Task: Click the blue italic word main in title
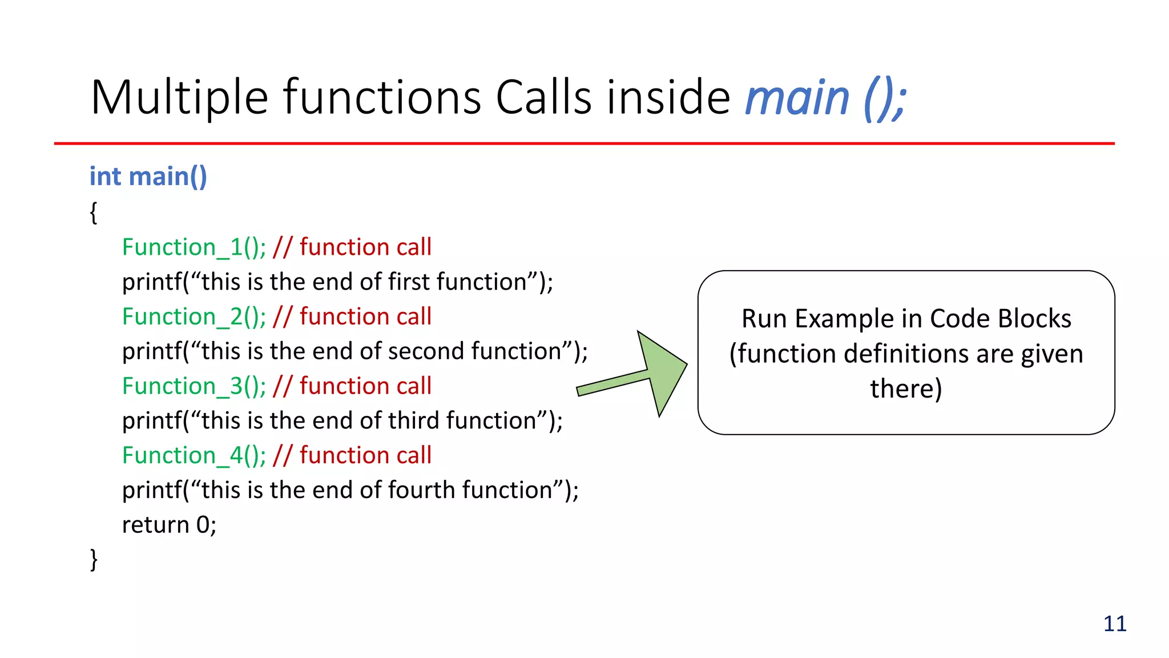click(797, 98)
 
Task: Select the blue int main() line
click(148, 176)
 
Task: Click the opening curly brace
click(94, 212)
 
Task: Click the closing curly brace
click(94, 559)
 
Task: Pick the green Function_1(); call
click(194, 247)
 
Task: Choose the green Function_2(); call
click(194, 316)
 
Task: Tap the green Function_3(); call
click(194, 386)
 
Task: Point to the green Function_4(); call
click(194, 455)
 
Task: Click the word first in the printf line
click(408, 282)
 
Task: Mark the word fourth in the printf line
click(421, 490)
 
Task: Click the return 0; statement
click(169, 525)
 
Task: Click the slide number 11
click(1115, 624)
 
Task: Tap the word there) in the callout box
click(906, 389)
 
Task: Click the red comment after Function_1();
click(352, 247)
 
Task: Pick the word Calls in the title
click(543, 98)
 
